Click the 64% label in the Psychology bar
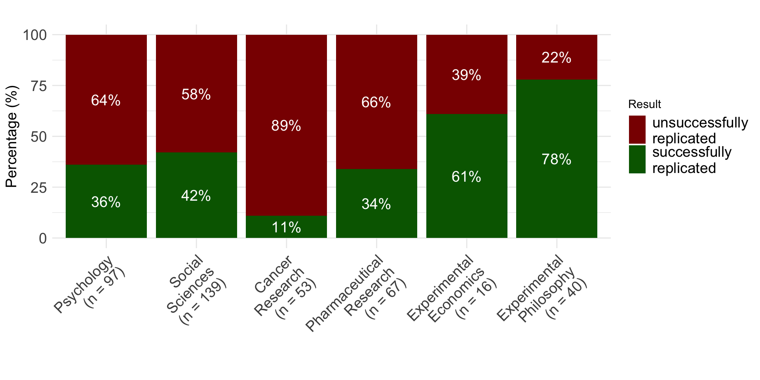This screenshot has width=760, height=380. [x=106, y=100]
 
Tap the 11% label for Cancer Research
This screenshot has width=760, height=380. [x=286, y=228]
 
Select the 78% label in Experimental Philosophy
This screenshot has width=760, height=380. [x=556, y=160]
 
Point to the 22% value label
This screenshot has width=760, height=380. [x=556, y=58]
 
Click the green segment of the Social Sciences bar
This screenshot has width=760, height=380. [x=196, y=214]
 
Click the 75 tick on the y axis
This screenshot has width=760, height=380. [x=38, y=86]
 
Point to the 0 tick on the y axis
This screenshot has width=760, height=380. [x=43, y=238]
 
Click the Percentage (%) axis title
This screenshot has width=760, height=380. [x=12, y=137]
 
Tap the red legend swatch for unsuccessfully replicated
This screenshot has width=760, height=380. [x=637, y=130]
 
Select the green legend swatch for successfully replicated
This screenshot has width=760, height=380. [x=637, y=160]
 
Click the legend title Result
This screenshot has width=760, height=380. [x=644, y=104]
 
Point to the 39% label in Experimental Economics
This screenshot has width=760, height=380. [x=466, y=75]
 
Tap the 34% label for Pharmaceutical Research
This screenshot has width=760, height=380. [x=376, y=204]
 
